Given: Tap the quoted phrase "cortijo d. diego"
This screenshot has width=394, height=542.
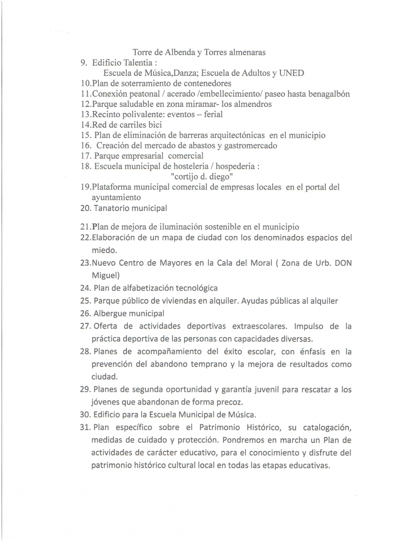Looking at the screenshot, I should pos(202,177).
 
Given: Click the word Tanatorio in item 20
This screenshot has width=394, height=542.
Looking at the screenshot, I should pos(111,208).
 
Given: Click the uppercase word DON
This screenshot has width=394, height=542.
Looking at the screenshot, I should pos(343,263).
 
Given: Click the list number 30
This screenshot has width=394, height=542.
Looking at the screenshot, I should pos(85,415).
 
